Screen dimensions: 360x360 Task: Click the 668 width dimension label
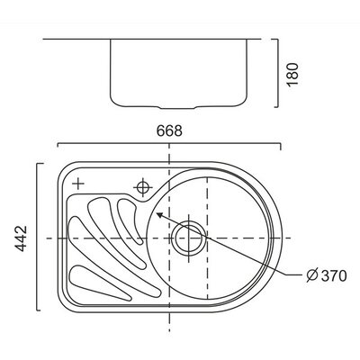169,130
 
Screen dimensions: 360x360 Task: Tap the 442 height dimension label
21,238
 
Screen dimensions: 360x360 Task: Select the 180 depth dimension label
292,74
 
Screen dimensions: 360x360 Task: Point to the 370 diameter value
334,275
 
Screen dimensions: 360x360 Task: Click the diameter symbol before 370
312,275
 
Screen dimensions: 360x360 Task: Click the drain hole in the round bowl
189,238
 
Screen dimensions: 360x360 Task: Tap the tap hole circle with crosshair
143,187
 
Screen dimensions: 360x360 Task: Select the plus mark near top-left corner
78,184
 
